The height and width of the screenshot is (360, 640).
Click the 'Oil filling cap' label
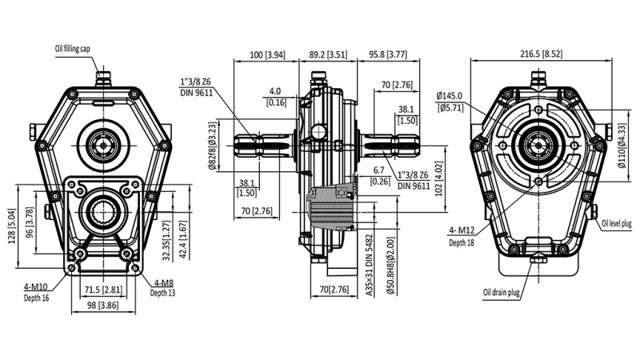tap(78, 47)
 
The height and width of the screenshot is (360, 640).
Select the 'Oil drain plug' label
tap(502, 294)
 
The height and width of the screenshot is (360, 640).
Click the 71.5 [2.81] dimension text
tap(103, 290)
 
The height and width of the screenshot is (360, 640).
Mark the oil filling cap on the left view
tap(103, 78)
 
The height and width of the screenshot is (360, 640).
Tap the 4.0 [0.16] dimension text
tap(276, 96)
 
